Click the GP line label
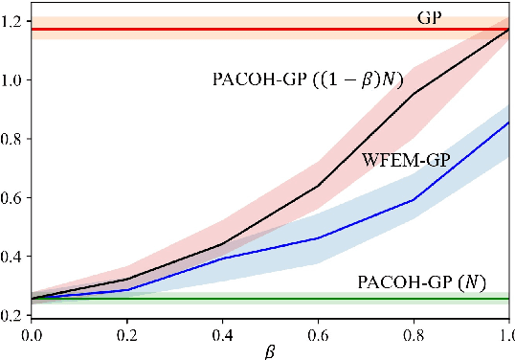tap(429, 17)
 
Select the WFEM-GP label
tap(406, 160)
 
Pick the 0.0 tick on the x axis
tap(31, 334)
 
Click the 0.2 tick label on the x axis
tap(126, 334)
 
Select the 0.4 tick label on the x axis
tap(222, 334)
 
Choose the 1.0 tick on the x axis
tap(505, 334)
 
